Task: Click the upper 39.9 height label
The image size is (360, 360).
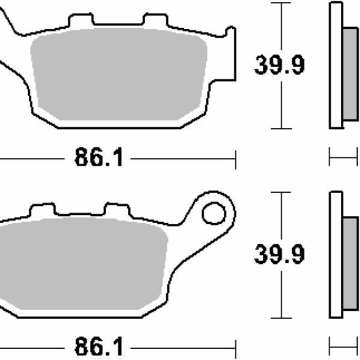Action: click(279, 65)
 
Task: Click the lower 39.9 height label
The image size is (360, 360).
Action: click(279, 254)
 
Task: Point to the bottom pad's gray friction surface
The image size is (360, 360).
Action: click(84, 264)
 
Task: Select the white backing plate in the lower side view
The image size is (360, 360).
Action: click(336, 254)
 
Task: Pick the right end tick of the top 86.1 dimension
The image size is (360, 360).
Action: click(236, 160)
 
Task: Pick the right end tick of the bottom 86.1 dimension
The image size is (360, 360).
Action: click(236, 347)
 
